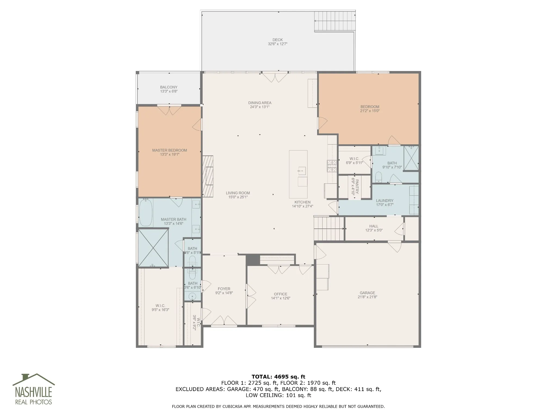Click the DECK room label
point(278,40)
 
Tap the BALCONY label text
point(169,87)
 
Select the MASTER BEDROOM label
point(169,150)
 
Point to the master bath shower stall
point(153,248)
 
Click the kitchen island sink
point(302,171)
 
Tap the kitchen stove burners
point(332,166)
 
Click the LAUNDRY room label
point(385,201)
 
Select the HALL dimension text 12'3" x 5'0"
point(374,230)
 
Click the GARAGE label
point(367,293)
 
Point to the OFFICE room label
point(281,294)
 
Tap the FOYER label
point(224,289)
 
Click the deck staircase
point(335,21)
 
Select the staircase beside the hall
point(329,228)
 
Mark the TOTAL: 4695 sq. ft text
point(278,377)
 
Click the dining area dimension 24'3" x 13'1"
point(260,107)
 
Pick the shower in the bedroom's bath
point(411,158)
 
